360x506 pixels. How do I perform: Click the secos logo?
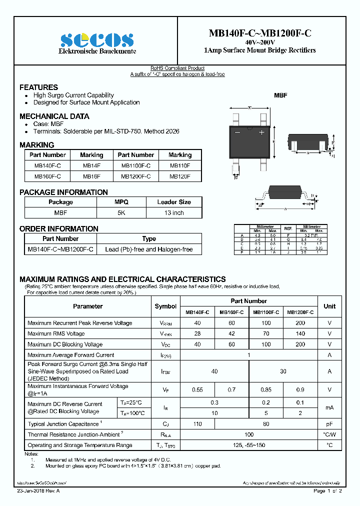coord(97,40)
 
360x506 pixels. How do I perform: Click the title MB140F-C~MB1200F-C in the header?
coord(259,33)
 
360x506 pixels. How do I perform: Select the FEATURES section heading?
coord(38,87)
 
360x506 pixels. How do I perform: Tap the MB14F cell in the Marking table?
coord(91,165)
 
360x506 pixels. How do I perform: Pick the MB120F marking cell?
coord(180,176)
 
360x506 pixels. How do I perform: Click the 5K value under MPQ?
coord(121,212)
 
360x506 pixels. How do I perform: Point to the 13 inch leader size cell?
coord(173,212)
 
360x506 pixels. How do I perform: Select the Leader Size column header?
coord(173,202)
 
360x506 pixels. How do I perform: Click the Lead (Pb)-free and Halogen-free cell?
coord(148,249)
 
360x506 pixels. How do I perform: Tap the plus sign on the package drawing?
coord(261,132)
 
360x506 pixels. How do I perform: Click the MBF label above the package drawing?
coord(280,95)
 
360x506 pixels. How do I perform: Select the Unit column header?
coord(329,306)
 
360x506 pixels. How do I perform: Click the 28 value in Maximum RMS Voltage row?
coord(197,333)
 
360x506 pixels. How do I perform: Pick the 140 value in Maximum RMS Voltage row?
coord(300,333)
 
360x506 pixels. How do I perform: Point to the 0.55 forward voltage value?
coord(197,389)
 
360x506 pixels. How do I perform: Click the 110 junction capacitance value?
coord(197,424)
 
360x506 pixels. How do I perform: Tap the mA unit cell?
coord(329,407)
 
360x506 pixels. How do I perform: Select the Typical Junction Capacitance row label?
coord(64,424)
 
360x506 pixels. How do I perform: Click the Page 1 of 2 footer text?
coord(327,491)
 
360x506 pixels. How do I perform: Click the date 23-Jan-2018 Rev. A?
coord(38,491)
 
